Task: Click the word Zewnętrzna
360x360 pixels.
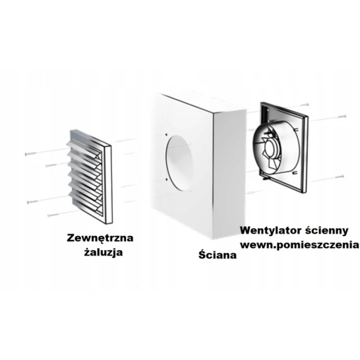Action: tap(100, 238)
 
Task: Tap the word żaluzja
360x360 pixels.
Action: tap(103, 253)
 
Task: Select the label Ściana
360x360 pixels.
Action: tap(218, 254)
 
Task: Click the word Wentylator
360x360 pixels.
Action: tap(271, 230)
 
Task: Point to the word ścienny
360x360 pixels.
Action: tap(327, 231)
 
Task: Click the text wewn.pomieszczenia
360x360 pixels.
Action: tap(299, 245)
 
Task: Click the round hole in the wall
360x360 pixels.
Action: tap(179, 163)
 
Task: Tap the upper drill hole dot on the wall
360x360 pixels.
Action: tap(166, 135)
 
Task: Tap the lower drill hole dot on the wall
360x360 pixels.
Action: tap(166, 179)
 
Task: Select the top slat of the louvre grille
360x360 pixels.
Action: tap(84, 147)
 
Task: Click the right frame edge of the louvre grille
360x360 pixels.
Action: tap(108, 185)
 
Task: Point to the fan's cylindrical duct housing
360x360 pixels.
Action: tap(276, 149)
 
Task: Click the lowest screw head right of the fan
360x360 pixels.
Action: tap(343, 176)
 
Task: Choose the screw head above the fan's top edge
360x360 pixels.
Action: tap(307, 105)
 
